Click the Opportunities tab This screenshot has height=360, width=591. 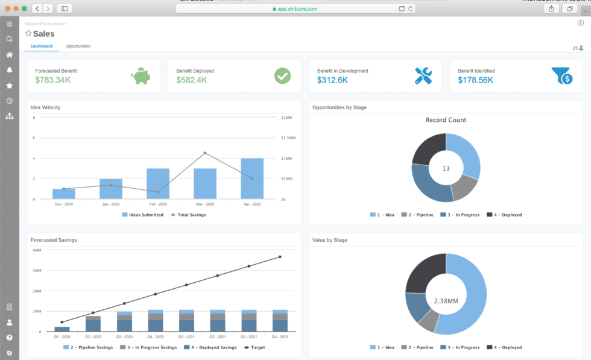[78, 46]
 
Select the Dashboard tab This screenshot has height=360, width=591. [42, 46]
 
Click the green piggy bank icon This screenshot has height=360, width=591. [141, 76]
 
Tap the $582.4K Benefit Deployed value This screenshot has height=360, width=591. [193, 80]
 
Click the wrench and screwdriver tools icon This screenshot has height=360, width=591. [423, 76]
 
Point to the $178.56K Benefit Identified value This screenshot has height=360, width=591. [475, 80]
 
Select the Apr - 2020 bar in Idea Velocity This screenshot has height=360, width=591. [251, 179]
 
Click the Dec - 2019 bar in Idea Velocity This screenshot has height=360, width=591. [63, 194]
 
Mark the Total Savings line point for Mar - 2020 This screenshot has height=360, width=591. [204, 153]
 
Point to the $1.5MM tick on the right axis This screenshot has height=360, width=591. [288, 137]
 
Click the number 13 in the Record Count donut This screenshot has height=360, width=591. [446, 168]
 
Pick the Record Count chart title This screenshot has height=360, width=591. [446, 120]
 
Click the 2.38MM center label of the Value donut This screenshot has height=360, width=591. [446, 300]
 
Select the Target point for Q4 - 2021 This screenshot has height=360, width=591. [280, 257]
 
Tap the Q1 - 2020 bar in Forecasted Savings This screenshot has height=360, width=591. [62, 329]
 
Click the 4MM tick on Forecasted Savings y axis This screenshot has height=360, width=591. [37, 250]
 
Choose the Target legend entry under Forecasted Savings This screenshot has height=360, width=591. [257, 347]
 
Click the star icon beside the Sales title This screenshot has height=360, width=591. [28, 34]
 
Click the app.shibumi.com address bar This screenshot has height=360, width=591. [295, 8]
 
